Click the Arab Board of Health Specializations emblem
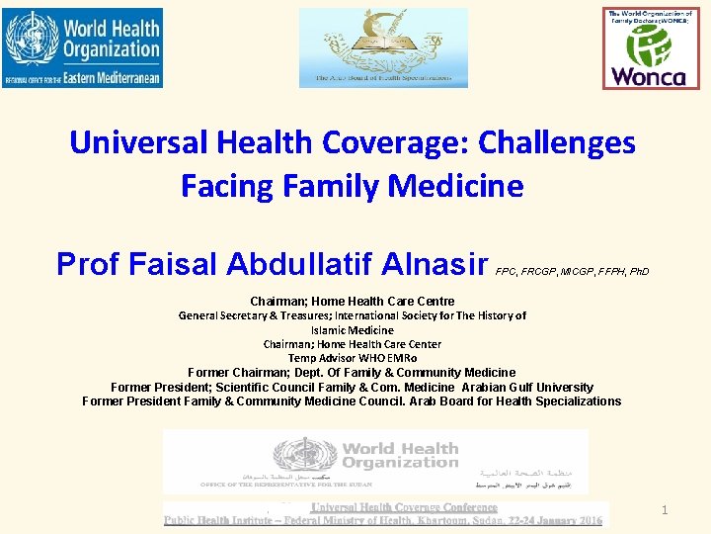click(383, 47)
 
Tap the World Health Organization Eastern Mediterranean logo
click(82, 47)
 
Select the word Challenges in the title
click(557, 143)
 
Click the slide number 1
click(666, 510)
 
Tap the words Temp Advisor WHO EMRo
click(353, 358)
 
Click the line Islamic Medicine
click(353, 330)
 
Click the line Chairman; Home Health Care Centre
click(353, 301)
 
